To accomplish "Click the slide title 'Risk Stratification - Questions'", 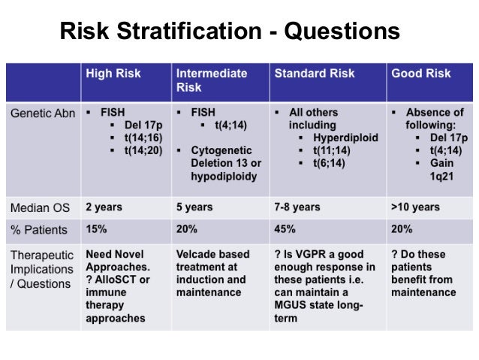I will tap(229, 31).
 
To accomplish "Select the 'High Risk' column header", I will tap(113, 74).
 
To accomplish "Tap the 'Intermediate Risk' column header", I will tap(211, 80).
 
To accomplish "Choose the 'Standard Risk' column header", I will tap(315, 74).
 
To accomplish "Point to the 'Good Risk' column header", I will tap(421, 74).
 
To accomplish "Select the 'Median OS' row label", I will tap(40, 207).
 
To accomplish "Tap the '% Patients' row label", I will tap(39, 229).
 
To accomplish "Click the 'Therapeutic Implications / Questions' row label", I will tap(42, 268).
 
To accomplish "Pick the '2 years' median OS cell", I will tap(104, 207).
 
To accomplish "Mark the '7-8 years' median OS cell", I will tap(297, 207).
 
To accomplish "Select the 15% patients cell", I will tap(97, 229).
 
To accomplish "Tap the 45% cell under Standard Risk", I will tap(285, 229).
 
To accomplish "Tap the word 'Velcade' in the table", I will tap(197, 254).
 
